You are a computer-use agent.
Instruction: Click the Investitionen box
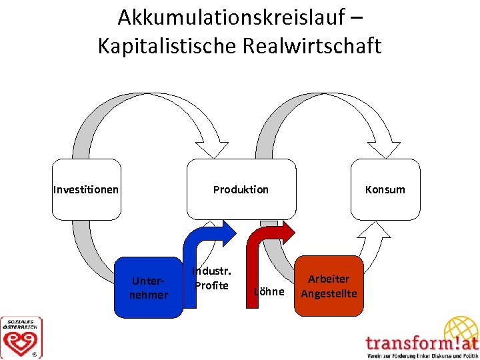(x=86, y=189)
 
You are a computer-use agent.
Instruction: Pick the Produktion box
(x=241, y=189)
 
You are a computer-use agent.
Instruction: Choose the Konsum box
(x=385, y=189)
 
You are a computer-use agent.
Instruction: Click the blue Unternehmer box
(x=149, y=287)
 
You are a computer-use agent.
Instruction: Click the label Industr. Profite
(x=211, y=279)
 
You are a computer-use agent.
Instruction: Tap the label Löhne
(x=269, y=292)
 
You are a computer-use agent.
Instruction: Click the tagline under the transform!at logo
(x=422, y=355)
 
